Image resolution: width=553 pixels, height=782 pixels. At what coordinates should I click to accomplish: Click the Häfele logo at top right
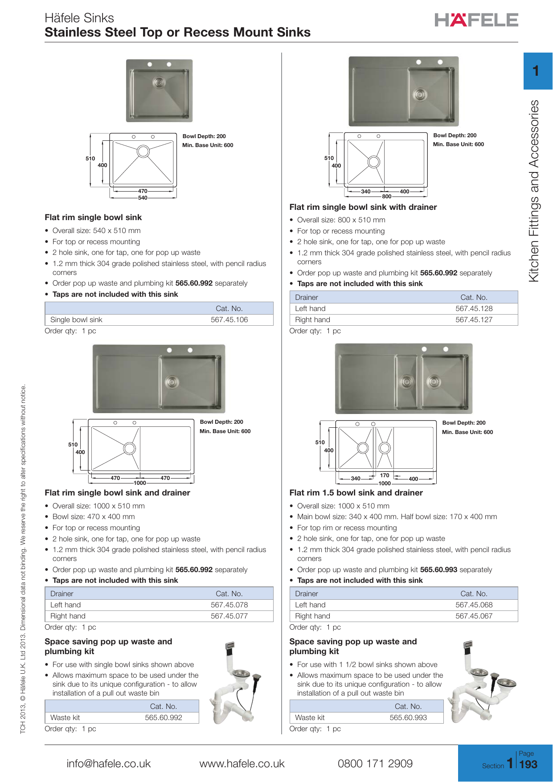(x=476, y=20)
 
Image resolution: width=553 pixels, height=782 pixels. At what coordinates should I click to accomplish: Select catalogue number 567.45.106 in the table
(x=229, y=320)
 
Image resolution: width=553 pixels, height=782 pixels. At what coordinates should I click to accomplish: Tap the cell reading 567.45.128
(x=474, y=309)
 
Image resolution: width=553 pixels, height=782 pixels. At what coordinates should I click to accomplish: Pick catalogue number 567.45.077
(x=229, y=616)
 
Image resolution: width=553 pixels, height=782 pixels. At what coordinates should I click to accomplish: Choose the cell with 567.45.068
(x=474, y=605)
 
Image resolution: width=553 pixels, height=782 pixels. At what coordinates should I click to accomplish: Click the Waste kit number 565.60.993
(x=408, y=718)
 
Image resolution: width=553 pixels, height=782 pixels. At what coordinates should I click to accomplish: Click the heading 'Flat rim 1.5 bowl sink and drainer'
(x=356, y=493)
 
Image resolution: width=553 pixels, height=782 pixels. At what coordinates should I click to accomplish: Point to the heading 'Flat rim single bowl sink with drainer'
(x=363, y=207)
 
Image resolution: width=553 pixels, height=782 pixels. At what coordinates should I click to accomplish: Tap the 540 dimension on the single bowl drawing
(x=143, y=198)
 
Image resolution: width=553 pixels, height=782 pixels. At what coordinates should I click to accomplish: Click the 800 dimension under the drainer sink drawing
(x=386, y=197)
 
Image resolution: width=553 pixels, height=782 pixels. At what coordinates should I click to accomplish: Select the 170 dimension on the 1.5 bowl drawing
(x=385, y=475)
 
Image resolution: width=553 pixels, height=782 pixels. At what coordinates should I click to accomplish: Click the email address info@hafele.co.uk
(x=109, y=764)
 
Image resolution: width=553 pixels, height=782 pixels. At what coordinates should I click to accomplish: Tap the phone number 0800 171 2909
(x=375, y=764)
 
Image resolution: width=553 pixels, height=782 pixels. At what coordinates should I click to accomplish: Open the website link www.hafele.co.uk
(x=242, y=764)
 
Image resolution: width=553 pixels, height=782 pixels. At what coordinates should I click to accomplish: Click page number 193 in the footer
(x=528, y=765)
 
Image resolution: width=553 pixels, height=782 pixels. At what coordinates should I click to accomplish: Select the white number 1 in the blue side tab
(x=536, y=71)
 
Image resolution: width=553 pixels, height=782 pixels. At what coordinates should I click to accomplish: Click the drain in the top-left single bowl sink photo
(x=159, y=82)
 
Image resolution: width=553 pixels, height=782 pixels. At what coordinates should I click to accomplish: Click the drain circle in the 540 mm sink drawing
(x=143, y=151)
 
